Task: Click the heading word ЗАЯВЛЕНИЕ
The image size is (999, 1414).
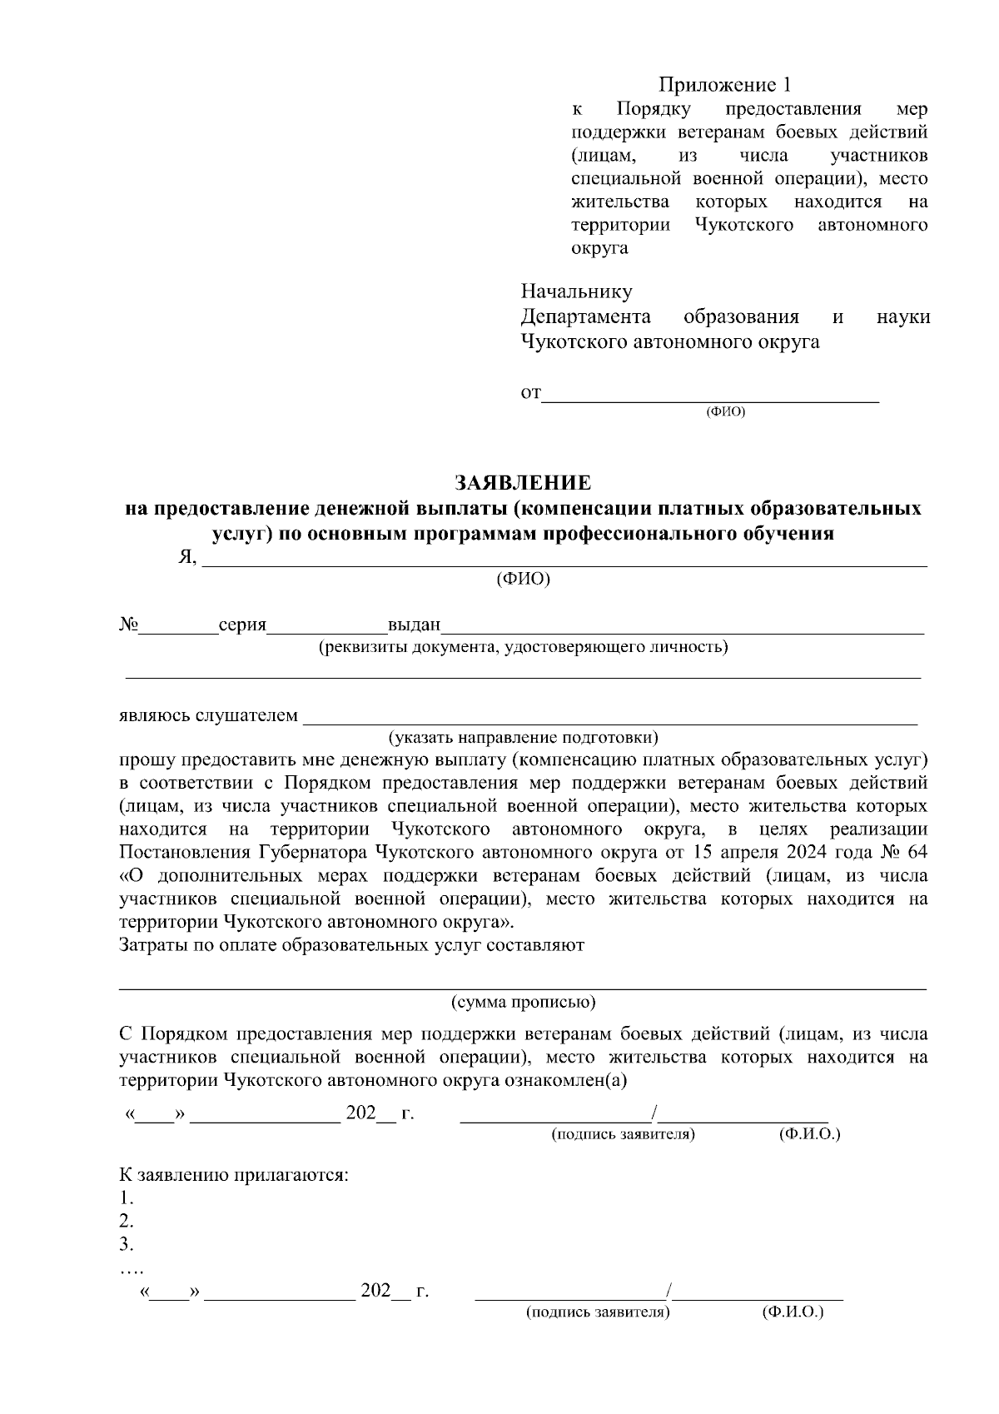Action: (x=522, y=483)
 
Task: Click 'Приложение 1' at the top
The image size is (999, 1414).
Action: (x=723, y=85)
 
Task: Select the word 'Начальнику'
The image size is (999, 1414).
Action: (x=576, y=291)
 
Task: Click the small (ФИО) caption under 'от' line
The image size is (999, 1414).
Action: (x=725, y=412)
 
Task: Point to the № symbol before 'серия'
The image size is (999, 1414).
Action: (x=128, y=625)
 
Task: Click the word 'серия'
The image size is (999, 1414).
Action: (x=241, y=625)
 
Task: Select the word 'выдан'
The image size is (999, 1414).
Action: (x=413, y=625)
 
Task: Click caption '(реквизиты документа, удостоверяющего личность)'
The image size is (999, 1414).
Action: (x=524, y=647)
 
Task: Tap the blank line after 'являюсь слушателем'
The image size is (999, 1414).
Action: (x=609, y=717)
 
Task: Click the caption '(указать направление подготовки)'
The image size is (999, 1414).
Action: (x=524, y=737)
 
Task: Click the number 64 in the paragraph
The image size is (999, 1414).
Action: (x=916, y=853)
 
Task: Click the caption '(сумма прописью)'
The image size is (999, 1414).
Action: (x=524, y=1002)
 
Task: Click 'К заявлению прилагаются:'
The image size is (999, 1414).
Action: (x=233, y=1176)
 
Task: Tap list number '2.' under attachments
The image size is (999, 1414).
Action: (x=127, y=1222)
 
